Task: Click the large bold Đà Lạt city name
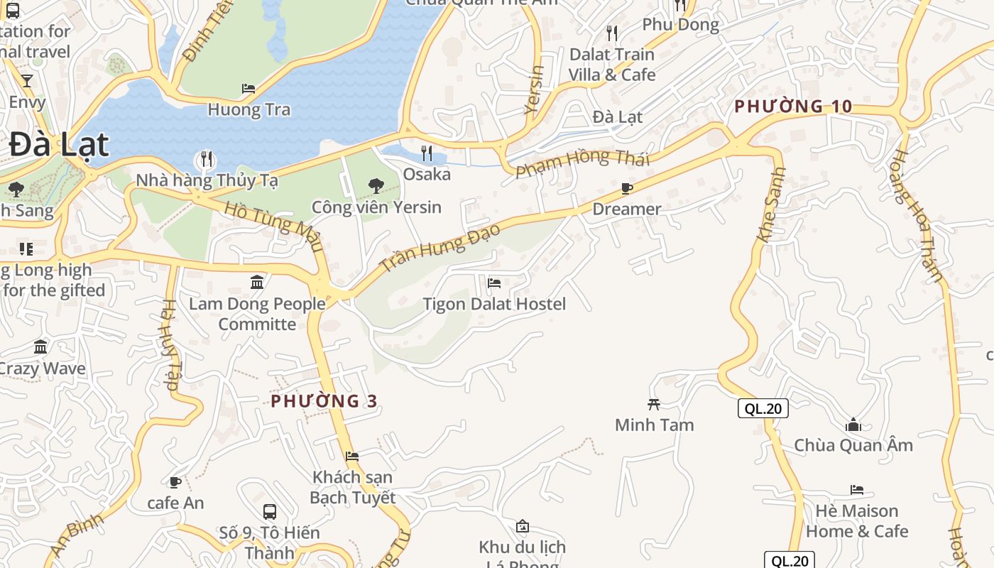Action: [x=60, y=146]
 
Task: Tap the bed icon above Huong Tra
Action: [x=248, y=89]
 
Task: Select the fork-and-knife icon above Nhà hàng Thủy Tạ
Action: [x=207, y=158]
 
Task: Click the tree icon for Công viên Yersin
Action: [x=376, y=186]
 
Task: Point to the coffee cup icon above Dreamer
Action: [x=627, y=188]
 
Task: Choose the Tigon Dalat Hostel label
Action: [x=494, y=304]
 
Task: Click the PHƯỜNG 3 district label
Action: [x=324, y=401]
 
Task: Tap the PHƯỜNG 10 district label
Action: [x=792, y=106]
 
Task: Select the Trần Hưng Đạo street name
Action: [x=440, y=247]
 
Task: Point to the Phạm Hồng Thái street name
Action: [x=582, y=164]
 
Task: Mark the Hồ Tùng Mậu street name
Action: [x=273, y=226]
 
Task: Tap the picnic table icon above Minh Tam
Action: [x=654, y=404]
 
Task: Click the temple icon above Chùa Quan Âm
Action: [x=853, y=425]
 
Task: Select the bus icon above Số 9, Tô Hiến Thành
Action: [x=269, y=511]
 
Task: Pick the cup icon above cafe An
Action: [x=175, y=483]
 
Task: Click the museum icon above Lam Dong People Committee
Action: [x=257, y=283]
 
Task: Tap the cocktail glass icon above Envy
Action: [x=27, y=81]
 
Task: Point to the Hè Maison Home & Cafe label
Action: [x=857, y=521]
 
